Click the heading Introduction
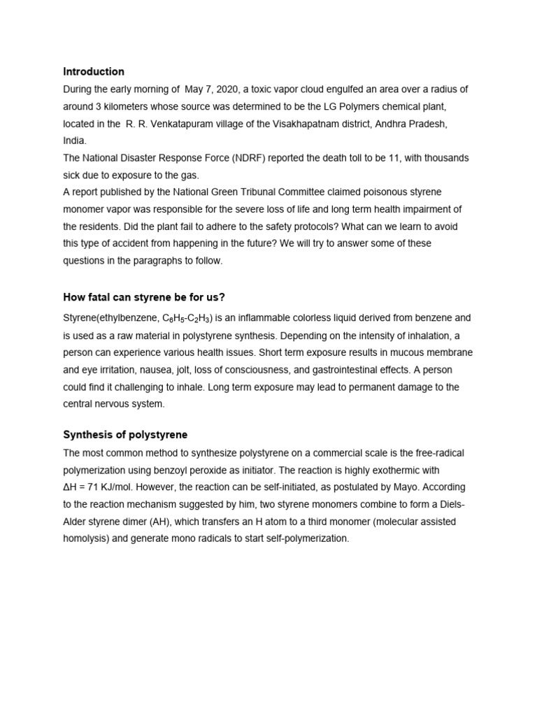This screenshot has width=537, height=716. (x=94, y=71)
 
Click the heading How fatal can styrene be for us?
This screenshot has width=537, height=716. (x=144, y=297)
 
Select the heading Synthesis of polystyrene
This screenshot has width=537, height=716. (x=125, y=434)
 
